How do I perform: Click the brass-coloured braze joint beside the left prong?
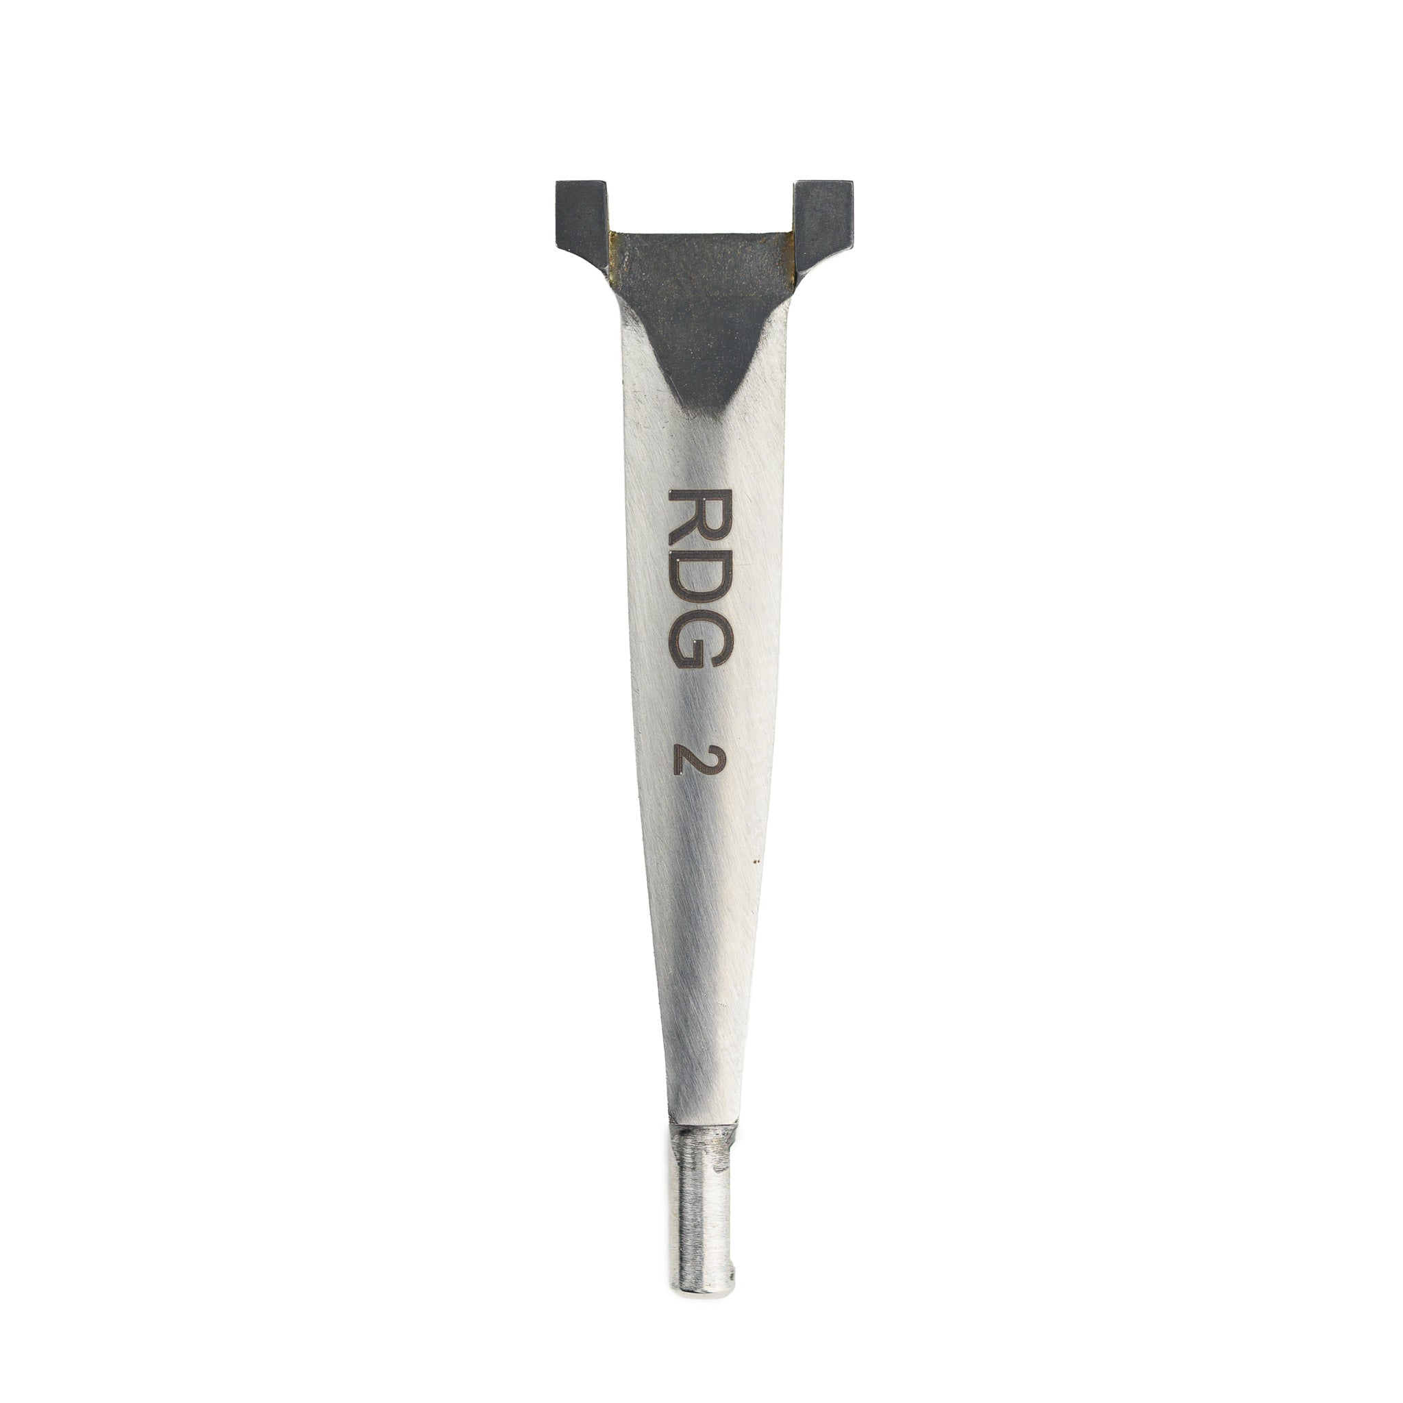612,254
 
